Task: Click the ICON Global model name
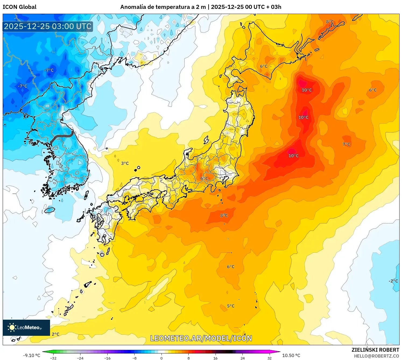click(19, 7)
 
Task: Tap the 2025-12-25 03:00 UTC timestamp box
click(48, 26)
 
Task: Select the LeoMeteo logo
click(26, 327)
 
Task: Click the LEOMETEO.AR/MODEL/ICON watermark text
click(201, 338)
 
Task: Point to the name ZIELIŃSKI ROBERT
click(375, 350)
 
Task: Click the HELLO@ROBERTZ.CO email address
click(376, 356)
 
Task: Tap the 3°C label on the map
click(125, 163)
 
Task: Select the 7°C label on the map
click(346, 144)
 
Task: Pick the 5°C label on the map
click(231, 306)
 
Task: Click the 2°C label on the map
click(55, 334)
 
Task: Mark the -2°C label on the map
click(393, 281)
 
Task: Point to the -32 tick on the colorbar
click(53, 358)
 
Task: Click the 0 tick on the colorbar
click(161, 358)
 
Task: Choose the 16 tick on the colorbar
click(215, 358)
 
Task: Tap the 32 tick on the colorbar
click(269, 358)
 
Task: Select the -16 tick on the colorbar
click(107, 358)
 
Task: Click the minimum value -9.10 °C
click(31, 355)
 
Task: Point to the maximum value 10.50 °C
click(291, 355)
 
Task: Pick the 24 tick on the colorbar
click(242, 358)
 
